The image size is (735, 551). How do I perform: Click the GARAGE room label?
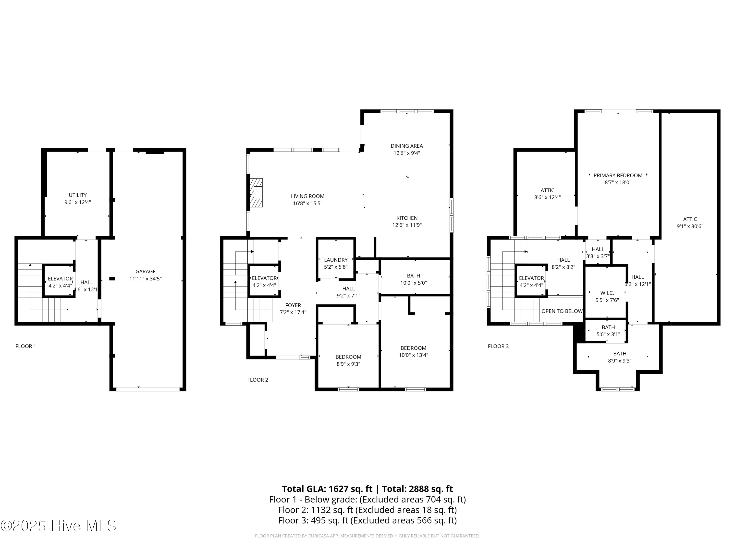coord(145,271)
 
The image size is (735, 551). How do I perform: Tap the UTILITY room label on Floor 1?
coord(77,195)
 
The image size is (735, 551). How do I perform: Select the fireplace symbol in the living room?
coord(256,193)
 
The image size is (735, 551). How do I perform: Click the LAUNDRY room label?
coord(336,260)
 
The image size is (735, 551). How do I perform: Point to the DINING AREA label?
coord(406,146)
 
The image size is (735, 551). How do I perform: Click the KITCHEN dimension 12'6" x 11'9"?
coord(407,225)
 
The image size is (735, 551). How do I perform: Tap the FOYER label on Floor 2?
coord(293,305)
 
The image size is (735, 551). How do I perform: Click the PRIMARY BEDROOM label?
coord(618,175)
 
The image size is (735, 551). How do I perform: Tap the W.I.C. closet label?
coord(607,293)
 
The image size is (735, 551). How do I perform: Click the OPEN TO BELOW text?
coord(562,311)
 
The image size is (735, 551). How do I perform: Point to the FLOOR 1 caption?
coord(25,346)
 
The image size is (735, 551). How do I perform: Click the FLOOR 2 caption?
coord(257,380)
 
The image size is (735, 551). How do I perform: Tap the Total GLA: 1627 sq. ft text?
coord(327,489)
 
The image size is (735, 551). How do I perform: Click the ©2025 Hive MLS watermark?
coord(58,526)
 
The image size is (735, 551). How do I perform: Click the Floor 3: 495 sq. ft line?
coord(367,520)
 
